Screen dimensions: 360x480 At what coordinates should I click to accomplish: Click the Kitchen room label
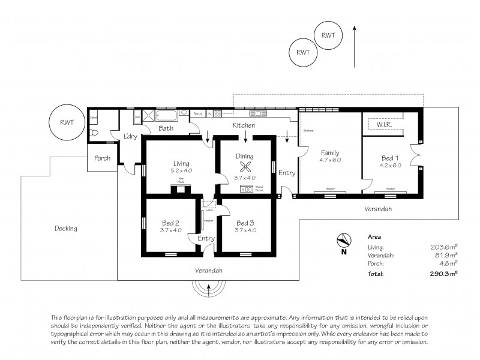244,125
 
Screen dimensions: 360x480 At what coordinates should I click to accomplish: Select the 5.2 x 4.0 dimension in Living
181,170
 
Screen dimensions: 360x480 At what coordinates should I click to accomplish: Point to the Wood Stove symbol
246,188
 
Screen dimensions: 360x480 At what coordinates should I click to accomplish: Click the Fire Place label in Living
181,179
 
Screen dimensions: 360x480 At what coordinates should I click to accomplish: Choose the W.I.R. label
384,125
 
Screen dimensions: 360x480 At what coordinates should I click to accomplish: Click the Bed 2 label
171,221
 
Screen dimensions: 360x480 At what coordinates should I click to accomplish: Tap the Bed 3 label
245,221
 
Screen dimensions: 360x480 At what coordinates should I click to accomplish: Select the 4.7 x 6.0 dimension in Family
330,160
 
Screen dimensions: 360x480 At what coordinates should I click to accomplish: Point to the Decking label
65,228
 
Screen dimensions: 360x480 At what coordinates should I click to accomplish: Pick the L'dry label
130,136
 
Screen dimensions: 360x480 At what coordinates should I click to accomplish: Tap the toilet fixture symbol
94,118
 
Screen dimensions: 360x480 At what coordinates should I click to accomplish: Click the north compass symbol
344,240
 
